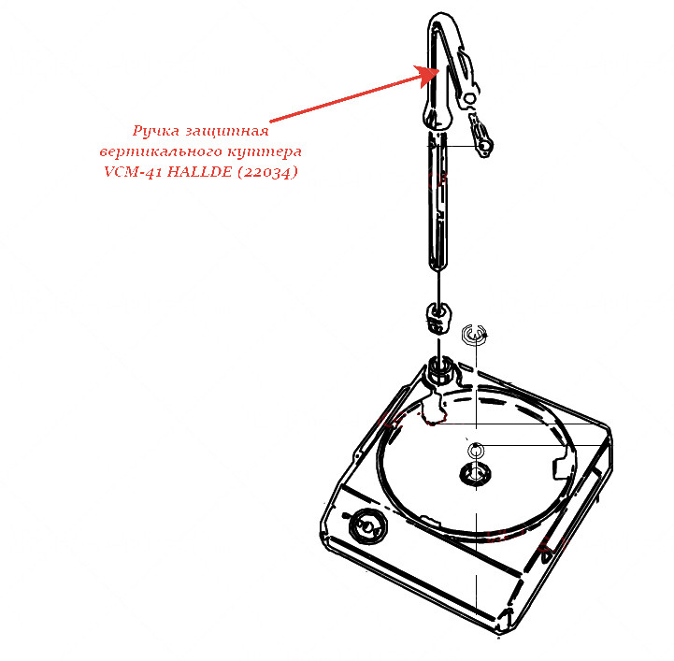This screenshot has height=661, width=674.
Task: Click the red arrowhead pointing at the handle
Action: tap(428, 76)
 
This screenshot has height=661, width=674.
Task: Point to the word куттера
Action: tap(265, 151)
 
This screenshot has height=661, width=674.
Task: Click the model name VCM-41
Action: tap(133, 171)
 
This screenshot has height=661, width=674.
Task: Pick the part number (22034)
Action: tap(267, 172)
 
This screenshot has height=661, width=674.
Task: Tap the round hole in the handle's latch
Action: tap(470, 98)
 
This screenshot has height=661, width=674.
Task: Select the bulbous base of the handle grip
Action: tap(437, 117)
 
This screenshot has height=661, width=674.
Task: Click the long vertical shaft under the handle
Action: tap(437, 201)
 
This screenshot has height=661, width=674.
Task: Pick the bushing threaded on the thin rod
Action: tap(438, 318)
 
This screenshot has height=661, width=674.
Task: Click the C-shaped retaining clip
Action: tap(474, 334)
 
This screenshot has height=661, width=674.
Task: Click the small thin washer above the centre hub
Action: tap(476, 451)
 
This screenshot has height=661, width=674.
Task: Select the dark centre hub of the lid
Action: tap(475, 474)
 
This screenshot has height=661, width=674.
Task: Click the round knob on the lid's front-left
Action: tap(367, 525)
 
